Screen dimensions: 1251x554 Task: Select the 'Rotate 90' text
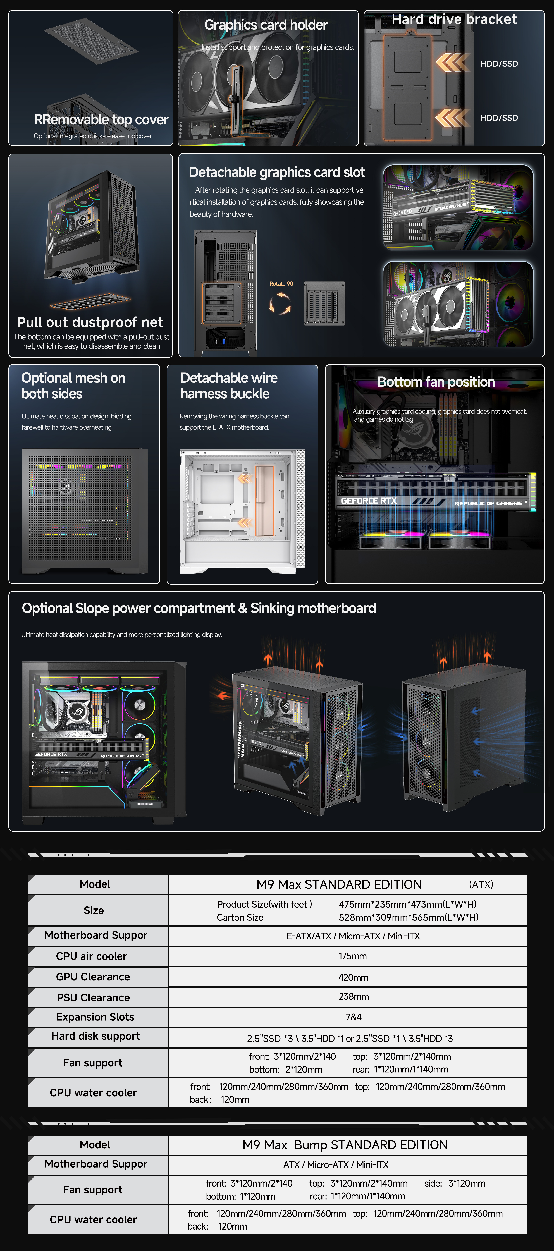[281, 284]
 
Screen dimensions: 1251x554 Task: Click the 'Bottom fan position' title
[436, 382]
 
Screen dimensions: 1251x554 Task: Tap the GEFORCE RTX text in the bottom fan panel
[369, 501]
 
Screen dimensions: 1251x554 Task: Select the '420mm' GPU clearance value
[353, 977]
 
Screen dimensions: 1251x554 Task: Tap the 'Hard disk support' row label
[96, 1036]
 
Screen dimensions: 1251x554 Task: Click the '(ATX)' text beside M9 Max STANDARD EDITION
[481, 884]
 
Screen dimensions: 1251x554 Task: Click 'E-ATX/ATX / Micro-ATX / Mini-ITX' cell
[353, 936]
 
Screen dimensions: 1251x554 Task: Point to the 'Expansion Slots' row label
[95, 1017]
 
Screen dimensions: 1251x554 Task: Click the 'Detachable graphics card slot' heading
[277, 172]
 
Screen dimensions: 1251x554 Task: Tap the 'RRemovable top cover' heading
[101, 119]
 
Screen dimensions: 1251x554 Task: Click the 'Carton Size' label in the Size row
[240, 917]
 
